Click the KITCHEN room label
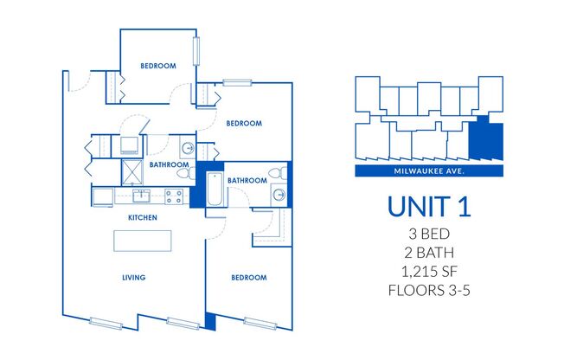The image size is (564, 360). [142, 218]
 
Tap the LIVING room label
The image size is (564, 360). [132, 278]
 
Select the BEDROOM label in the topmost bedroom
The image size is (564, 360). [158, 66]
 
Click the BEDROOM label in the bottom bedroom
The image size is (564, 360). [248, 278]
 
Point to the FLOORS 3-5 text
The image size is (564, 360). [430, 292]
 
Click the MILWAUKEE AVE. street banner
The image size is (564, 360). [430, 171]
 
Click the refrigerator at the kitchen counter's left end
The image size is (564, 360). [102, 196]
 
